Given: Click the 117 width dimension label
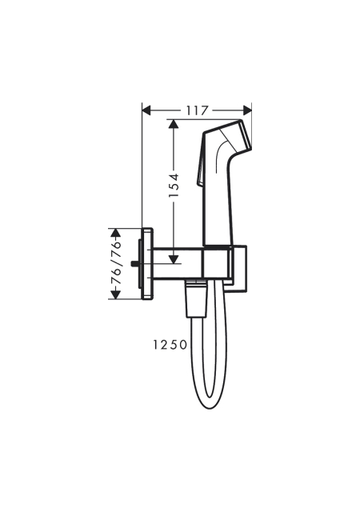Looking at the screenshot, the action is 198,110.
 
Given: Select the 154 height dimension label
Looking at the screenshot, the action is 174,185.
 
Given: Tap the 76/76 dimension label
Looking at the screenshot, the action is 115,263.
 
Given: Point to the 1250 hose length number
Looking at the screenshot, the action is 170,345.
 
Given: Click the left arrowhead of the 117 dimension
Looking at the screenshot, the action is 147,110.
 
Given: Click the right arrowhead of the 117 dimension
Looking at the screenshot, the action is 247,110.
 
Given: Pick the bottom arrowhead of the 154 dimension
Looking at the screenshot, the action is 174,259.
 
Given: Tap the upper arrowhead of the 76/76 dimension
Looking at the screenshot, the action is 115,233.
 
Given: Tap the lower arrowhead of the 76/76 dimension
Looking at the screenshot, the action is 115,294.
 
